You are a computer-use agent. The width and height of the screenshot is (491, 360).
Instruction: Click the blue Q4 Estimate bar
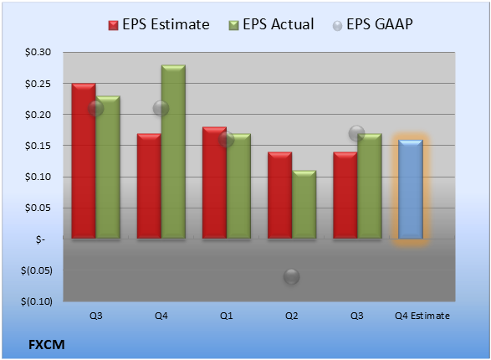[411, 189]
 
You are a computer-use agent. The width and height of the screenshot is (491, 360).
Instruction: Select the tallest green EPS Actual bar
[173, 152]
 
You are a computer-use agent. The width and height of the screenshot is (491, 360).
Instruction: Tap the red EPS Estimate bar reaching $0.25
[84, 161]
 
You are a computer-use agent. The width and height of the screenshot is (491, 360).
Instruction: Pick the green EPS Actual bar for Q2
[304, 204]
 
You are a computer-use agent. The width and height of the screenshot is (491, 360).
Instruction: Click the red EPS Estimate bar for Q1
[214, 183]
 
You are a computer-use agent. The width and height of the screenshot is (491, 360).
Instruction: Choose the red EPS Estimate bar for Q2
[279, 195]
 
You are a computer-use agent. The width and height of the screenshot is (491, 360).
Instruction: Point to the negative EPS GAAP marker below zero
[292, 276]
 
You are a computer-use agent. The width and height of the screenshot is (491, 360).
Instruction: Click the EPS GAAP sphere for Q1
[226, 140]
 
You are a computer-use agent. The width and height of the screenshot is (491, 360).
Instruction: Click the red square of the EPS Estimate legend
[113, 25]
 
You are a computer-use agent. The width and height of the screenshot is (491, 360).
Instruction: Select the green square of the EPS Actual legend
[233, 25]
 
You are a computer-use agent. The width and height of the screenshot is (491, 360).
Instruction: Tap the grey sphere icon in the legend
[337, 26]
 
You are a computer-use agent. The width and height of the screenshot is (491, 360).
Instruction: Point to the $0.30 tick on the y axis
[38, 52]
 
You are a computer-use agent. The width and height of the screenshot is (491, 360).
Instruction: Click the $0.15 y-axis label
[38, 146]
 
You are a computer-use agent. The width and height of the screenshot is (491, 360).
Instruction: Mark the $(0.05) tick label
[37, 270]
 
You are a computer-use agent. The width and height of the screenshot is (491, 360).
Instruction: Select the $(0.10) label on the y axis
[37, 301]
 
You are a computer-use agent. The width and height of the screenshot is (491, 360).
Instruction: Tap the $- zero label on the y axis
[40, 239]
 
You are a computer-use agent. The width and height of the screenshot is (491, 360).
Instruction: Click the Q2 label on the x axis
[292, 316]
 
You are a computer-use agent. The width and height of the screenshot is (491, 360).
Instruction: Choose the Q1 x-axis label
[226, 316]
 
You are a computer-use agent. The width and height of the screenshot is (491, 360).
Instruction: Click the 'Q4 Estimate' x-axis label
[422, 316]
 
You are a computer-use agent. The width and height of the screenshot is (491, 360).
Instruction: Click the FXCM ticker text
[47, 345]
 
